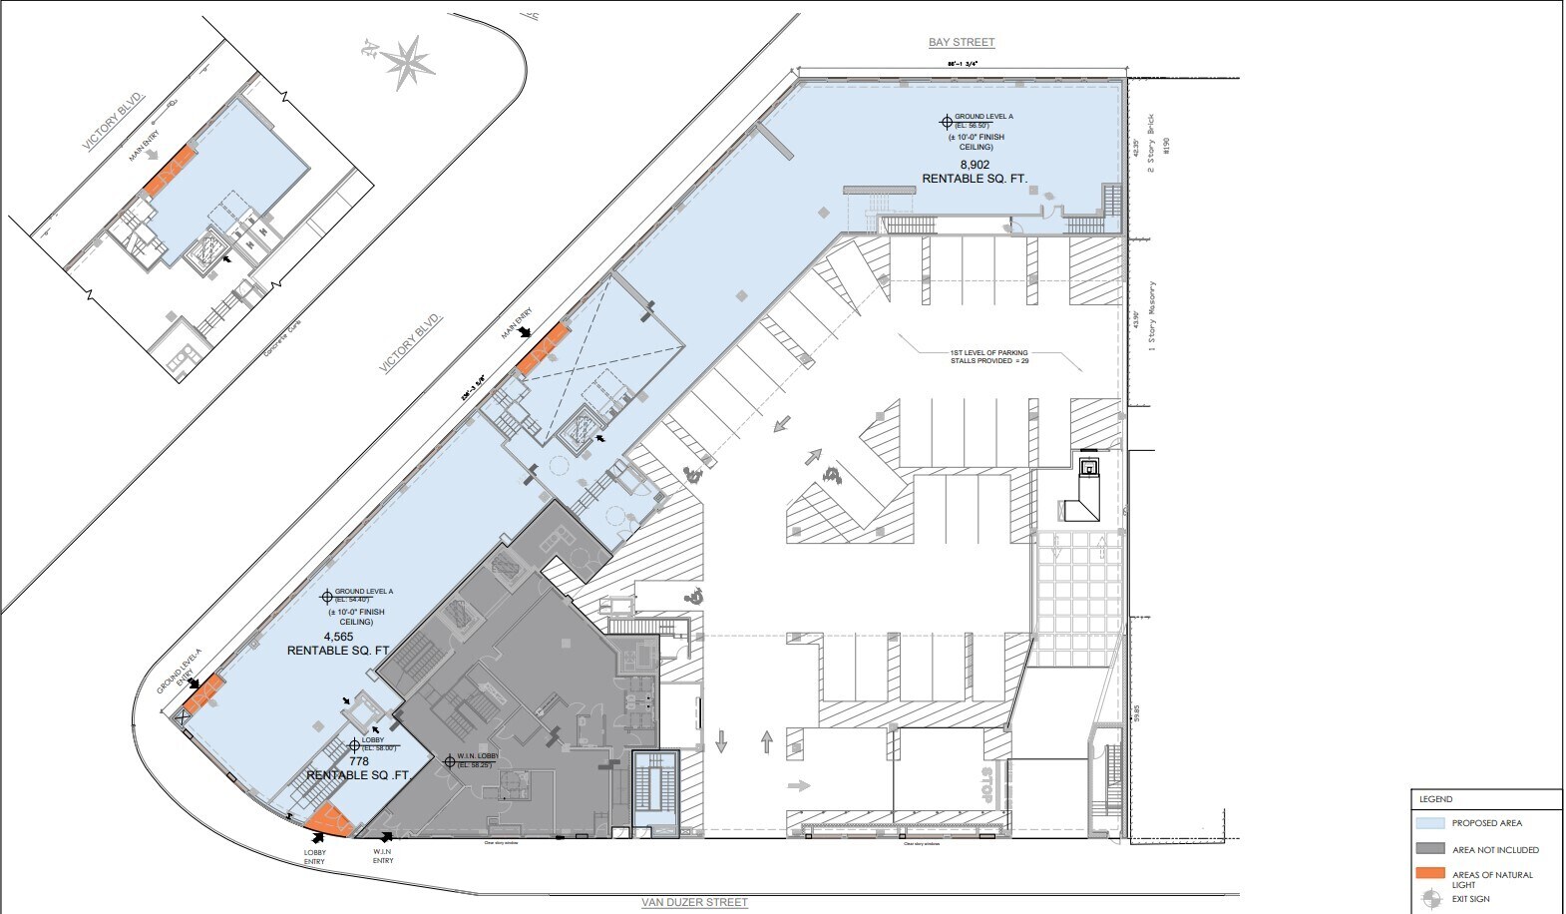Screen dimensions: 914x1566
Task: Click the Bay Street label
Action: click(961, 42)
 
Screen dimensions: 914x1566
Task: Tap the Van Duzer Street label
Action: click(694, 902)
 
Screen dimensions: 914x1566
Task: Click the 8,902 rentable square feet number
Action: click(975, 165)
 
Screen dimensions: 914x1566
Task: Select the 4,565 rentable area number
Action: click(339, 637)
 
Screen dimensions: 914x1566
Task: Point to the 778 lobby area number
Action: click(359, 761)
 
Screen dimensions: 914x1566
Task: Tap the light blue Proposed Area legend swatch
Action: click(1430, 823)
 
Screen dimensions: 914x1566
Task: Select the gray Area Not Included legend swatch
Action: click(1430, 849)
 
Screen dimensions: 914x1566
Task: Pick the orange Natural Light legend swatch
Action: click(1430, 874)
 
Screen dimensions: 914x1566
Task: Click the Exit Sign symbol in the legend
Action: click(1431, 898)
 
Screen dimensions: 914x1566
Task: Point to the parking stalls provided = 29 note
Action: click(988, 356)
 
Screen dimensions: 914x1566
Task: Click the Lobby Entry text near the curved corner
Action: click(315, 857)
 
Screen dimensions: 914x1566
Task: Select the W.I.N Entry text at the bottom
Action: click(383, 856)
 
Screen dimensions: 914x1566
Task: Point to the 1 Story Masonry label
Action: click(1152, 316)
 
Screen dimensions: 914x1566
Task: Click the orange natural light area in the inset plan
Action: click(169, 170)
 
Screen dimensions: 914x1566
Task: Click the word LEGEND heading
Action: click(1436, 799)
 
